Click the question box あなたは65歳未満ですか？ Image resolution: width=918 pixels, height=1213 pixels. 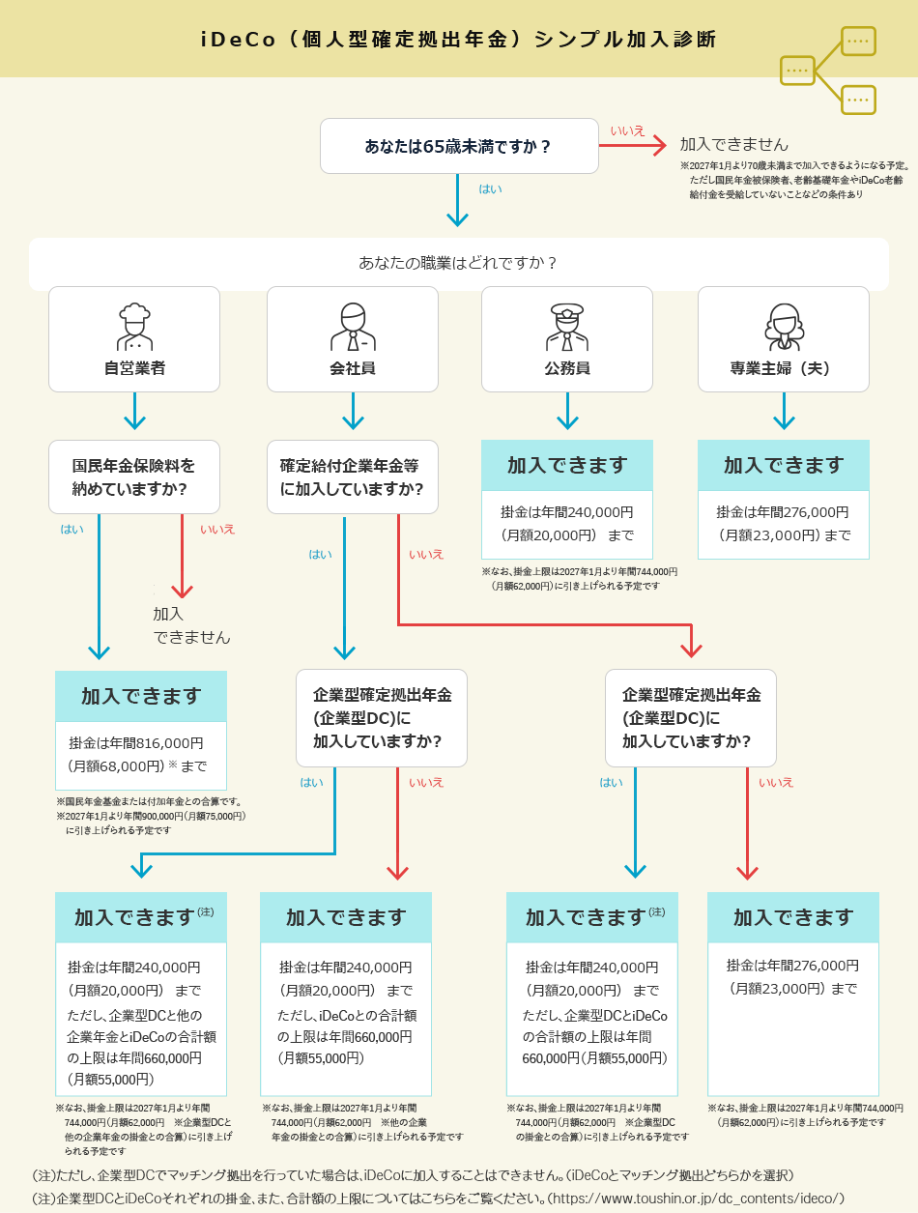(459, 146)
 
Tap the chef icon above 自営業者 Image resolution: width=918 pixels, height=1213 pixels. (134, 327)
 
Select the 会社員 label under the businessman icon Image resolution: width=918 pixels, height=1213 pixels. (353, 368)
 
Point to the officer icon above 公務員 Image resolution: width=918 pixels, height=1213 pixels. (567, 327)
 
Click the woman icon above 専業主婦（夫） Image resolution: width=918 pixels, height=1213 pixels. (784, 327)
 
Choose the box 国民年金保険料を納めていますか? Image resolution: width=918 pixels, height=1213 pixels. (134, 477)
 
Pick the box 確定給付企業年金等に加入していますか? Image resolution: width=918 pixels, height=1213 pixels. (353, 477)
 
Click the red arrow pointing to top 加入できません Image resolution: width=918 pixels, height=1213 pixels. (633, 146)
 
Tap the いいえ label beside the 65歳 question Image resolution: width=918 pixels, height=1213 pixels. (627, 130)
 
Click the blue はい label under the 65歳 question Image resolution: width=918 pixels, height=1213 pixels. (490, 188)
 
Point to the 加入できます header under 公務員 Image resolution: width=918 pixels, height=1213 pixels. (567, 466)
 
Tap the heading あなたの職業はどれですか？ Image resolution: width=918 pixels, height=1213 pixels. (458, 263)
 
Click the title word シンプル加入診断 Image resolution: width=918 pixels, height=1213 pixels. (625, 40)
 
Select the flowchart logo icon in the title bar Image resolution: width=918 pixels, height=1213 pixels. (828, 70)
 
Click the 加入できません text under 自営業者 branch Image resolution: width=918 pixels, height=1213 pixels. (190, 625)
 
